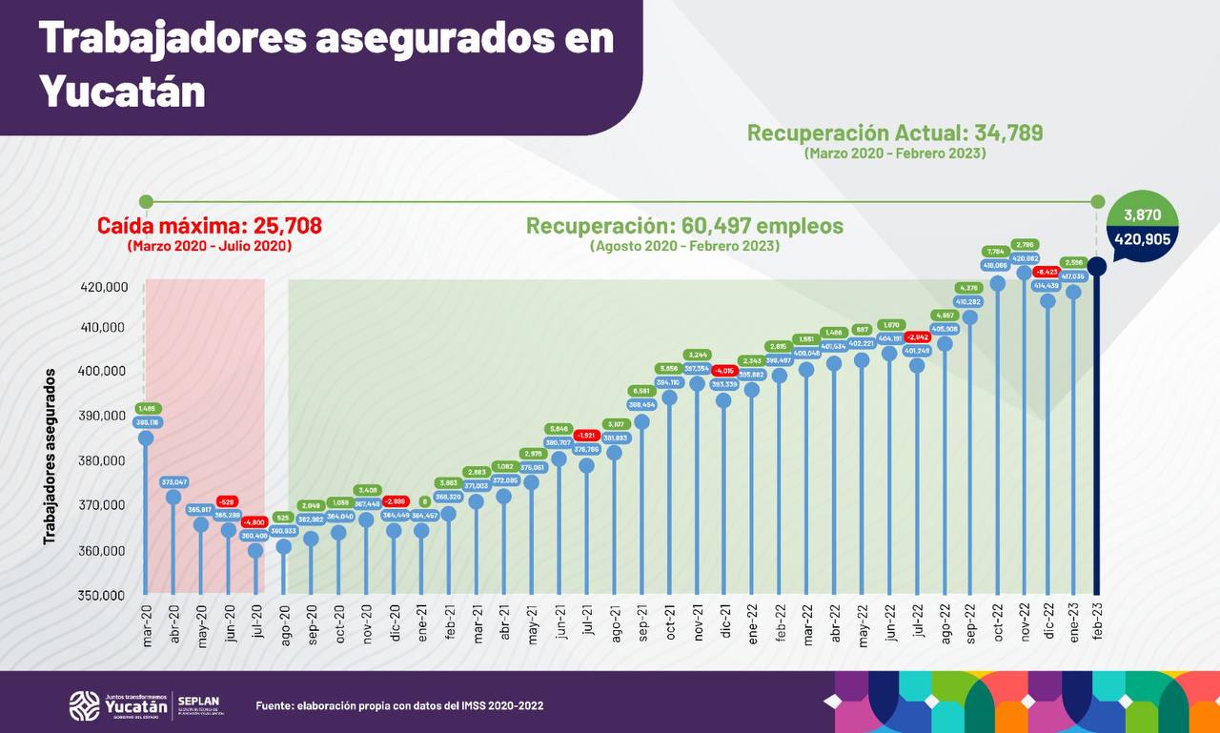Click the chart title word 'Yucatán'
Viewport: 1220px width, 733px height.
click(x=123, y=92)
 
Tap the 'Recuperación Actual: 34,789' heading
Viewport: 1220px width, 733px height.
click(x=894, y=133)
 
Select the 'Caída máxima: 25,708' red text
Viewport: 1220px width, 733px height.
click(x=210, y=226)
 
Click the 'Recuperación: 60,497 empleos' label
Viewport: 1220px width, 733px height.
click(x=684, y=226)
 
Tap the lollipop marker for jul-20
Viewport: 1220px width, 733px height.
click(x=255, y=550)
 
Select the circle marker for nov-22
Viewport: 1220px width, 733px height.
click(x=1025, y=272)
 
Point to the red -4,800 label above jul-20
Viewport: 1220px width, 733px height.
click(x=254, y=522)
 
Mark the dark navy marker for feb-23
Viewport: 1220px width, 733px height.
click(x=1098, y=266)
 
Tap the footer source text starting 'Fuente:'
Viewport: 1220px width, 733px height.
click(x=399, y=705)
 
